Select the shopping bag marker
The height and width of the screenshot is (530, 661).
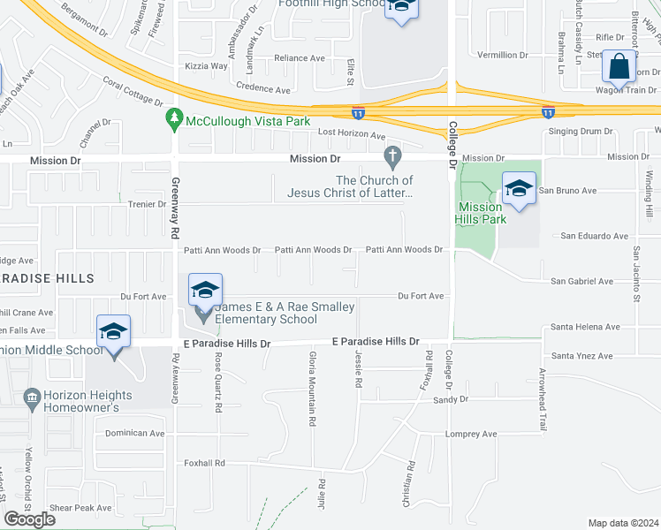click(620, 66)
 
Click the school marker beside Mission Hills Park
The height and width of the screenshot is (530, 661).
click(519, 188)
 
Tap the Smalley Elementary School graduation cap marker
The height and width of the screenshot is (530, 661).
click(205, 290)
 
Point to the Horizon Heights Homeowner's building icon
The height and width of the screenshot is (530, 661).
click(33, 399)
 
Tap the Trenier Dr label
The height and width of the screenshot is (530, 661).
click(148, 204)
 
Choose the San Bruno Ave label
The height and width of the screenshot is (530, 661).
click(568, 190)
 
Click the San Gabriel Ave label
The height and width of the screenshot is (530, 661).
click(581, 281)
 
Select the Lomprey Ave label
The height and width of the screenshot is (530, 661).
click(472, 434)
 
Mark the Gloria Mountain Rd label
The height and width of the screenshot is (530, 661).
click(312, 390)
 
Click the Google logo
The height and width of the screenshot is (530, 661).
click(29, 519)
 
